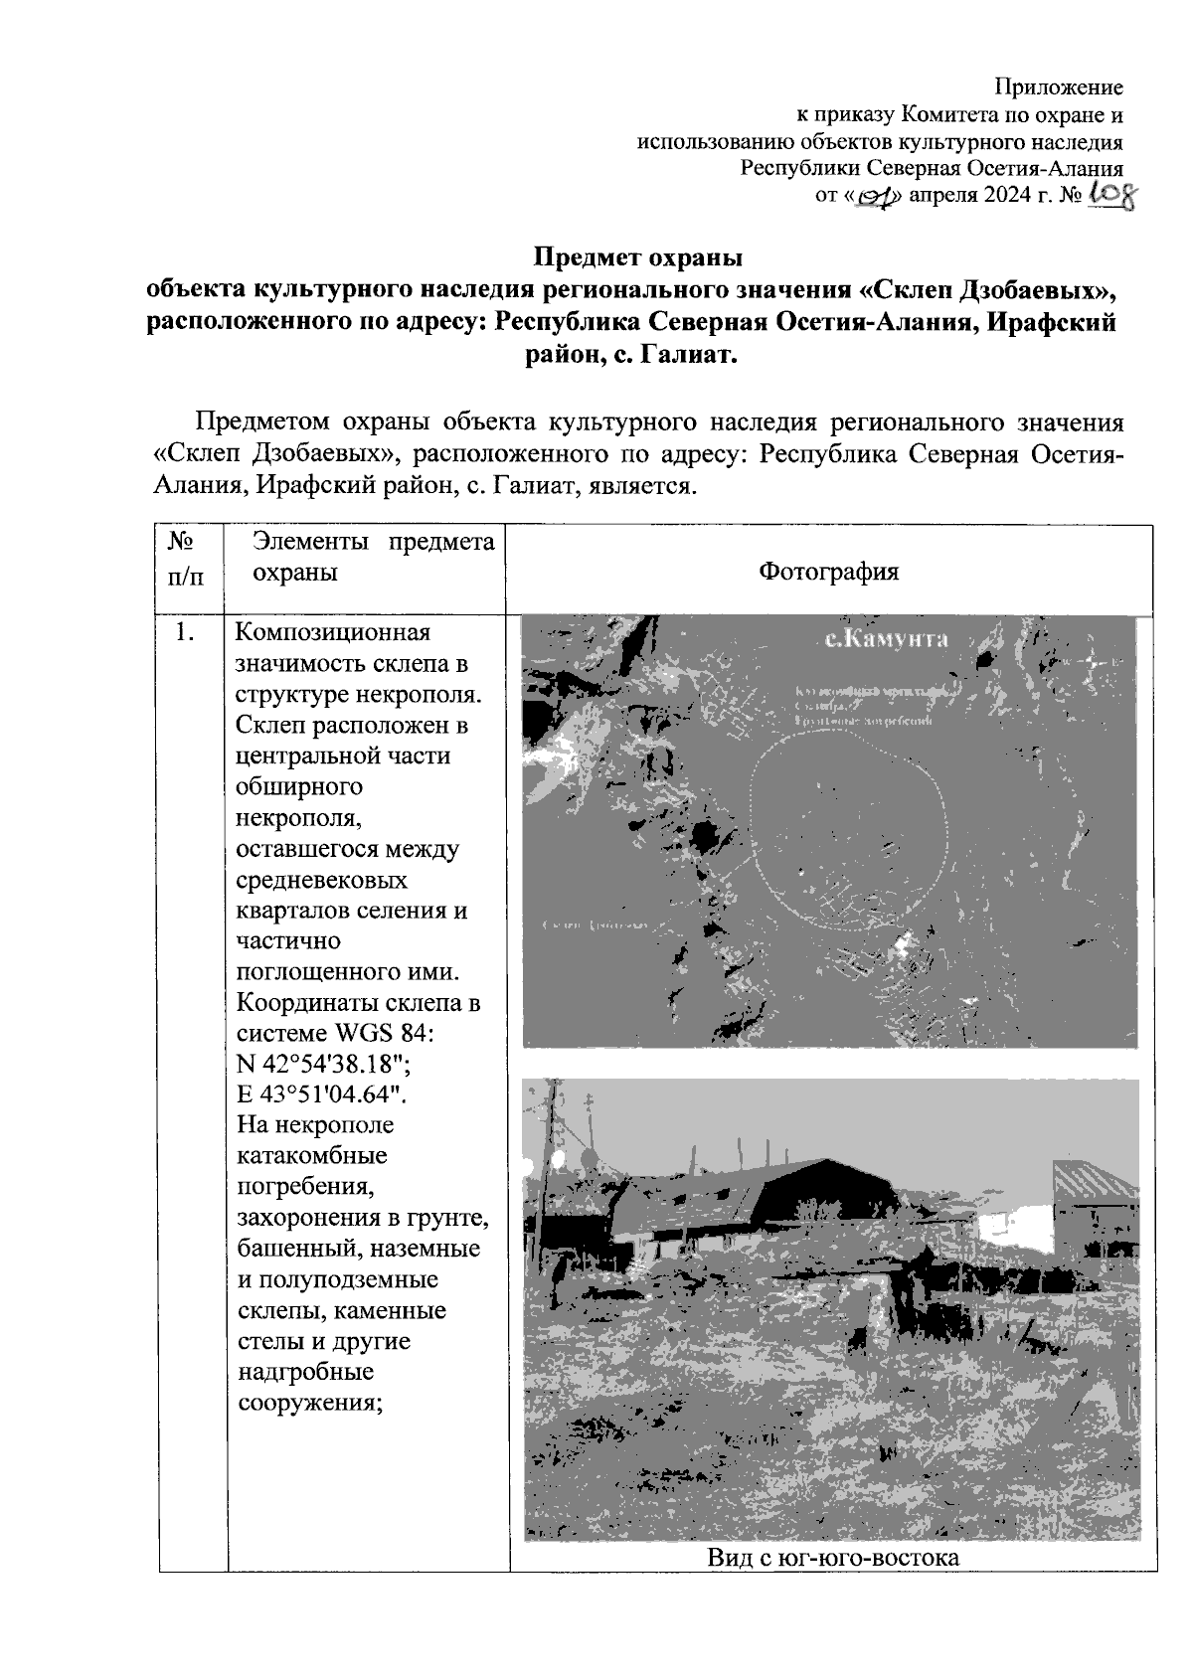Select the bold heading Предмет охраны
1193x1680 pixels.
638,258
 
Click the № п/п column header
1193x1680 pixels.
180,558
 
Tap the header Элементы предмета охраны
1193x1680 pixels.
373,557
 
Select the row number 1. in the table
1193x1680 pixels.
182,632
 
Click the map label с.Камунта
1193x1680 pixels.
886,639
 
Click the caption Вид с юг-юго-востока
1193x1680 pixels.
832,1557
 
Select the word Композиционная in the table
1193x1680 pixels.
333,633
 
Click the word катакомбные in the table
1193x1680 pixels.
312,1156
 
